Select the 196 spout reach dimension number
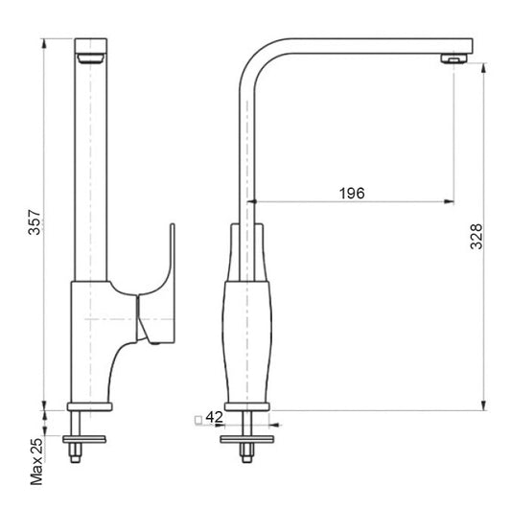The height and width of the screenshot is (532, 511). click(x=352, y=193)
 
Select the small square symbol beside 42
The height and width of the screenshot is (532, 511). click(x=197, y=418)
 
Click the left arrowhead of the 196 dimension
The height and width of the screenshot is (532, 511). click(x=254, y=202)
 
